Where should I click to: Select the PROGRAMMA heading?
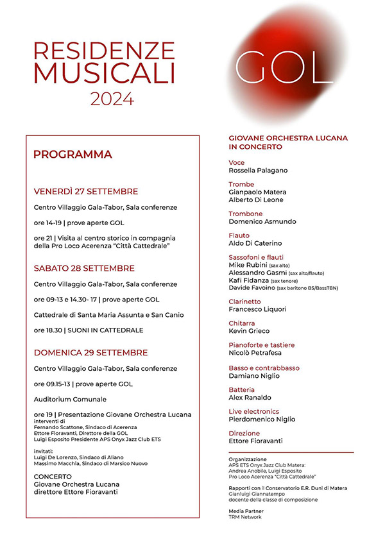pyautogui.click(x=73, y=154)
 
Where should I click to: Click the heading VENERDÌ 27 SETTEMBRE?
pyautogui.click(x=86, y=191)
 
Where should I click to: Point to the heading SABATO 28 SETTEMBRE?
pyautogui.click(x=84, y=268)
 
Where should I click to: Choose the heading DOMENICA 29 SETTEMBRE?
pyautogui.click(x=90, y=352)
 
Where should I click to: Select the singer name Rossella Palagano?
pyautogui.click(x=259, y=171)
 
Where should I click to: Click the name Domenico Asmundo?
pyautogui.click(x=262, y=221)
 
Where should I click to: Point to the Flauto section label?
pyautogui.click(x=239, y=235)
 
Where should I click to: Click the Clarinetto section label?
pyautogui.click(x=244, y=301)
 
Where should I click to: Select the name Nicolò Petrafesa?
pyautogui.click(x=257, y=353)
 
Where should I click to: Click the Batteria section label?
pyautogui.click(x=241, y=389)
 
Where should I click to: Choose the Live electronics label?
pyautogui.click(x=253, y=411)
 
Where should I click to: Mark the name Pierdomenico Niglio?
pyautogui.click(x=262, y=420)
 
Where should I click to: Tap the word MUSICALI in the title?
pyautogui.click(x=104, y=72)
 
